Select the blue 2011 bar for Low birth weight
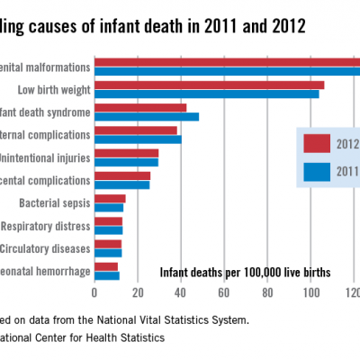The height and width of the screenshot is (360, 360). click(206, 94)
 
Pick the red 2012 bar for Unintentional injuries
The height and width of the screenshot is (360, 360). click(126, 154)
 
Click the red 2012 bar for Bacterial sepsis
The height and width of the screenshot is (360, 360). click(110, 199)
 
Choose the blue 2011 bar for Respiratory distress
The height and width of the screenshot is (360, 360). click(108, 229)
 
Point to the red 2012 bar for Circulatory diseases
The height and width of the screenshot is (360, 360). click(107, 244)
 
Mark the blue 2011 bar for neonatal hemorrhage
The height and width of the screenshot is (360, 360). click(106, 274)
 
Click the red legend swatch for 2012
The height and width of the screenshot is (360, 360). click(318, 144)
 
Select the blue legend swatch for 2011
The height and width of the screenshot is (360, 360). click(318, 170)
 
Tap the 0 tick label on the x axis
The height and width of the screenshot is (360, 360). click(94, 291)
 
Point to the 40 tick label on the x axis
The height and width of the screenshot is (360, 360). click(181, 291)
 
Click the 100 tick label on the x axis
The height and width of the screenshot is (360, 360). click(310, 291)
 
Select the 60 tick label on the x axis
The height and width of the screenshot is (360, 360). click(224, 291)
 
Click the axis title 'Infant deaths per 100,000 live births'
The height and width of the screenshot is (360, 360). click(245, 272)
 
